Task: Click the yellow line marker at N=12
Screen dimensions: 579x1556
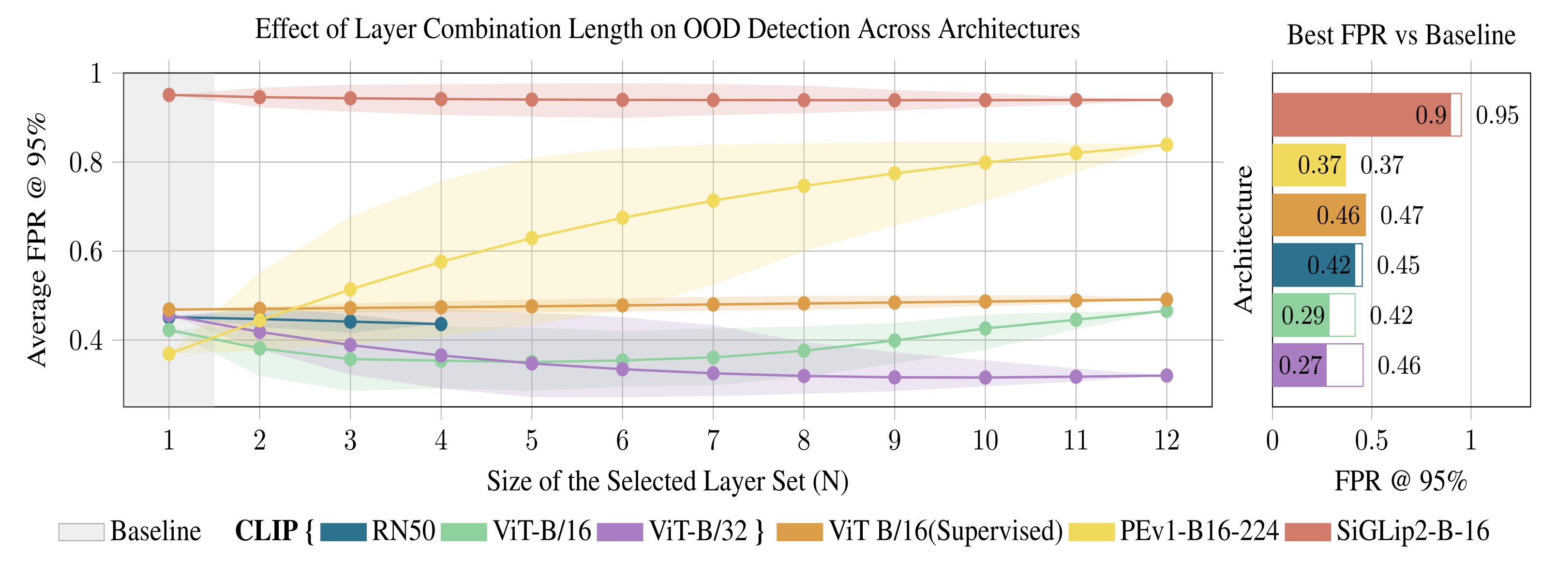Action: tap(1167, 145)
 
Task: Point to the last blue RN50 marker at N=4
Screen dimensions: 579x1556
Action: tap(441, 324)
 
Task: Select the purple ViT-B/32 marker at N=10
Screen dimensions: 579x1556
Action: tap(985, 378)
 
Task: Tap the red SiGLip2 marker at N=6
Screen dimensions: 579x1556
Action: tap(622, 100)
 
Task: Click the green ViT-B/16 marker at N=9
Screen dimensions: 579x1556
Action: tap(895, 341)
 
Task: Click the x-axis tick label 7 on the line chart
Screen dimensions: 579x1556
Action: tap(713, 441)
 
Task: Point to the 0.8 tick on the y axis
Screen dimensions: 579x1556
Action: tap(86, 163)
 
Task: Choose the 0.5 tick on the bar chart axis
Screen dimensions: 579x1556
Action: tap(1371, 441)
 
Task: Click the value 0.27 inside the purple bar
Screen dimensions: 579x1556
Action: tap(1301, 366)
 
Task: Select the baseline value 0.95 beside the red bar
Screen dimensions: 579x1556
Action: tap(1497, 115)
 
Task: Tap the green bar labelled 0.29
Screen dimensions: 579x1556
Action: tap(1301, 316)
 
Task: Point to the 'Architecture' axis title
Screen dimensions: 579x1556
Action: tap(1243, 239)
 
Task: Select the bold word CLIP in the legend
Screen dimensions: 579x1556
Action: tap(266, 531)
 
